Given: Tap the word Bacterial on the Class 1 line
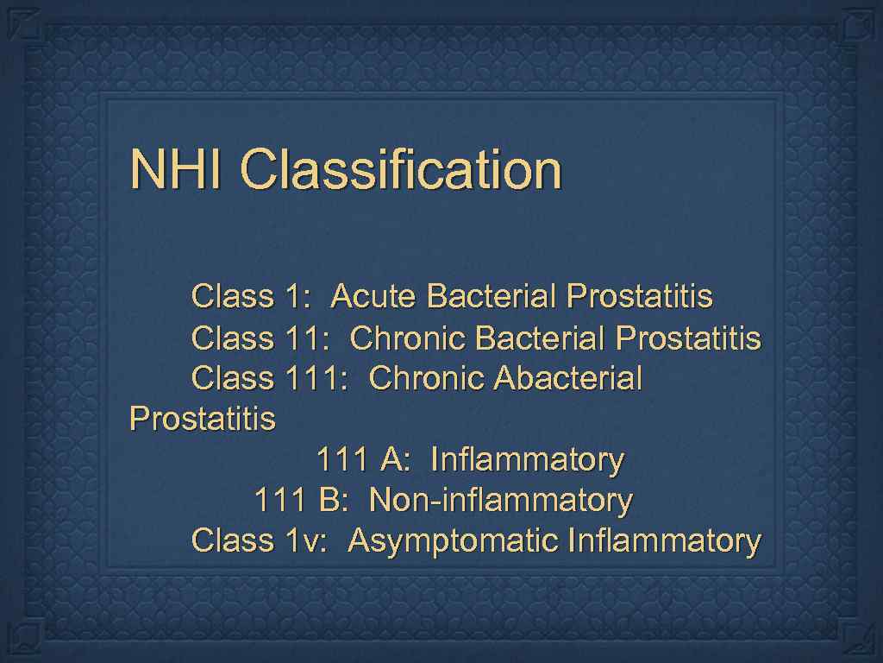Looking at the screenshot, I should [x=492, y=296].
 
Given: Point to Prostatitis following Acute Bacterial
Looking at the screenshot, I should [x=640, y=296].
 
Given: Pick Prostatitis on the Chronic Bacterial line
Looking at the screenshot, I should [x=687, y=338].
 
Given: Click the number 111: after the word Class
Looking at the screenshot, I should [x=316, y=378].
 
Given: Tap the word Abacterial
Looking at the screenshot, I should [x=568, y=378].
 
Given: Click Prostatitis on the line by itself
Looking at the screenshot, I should [x=202, y=420].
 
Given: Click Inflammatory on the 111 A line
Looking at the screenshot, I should [x=526, y=459].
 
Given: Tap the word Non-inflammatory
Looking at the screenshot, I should [x=500, y=500].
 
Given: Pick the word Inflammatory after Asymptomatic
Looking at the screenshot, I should [x=664, y=541].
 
